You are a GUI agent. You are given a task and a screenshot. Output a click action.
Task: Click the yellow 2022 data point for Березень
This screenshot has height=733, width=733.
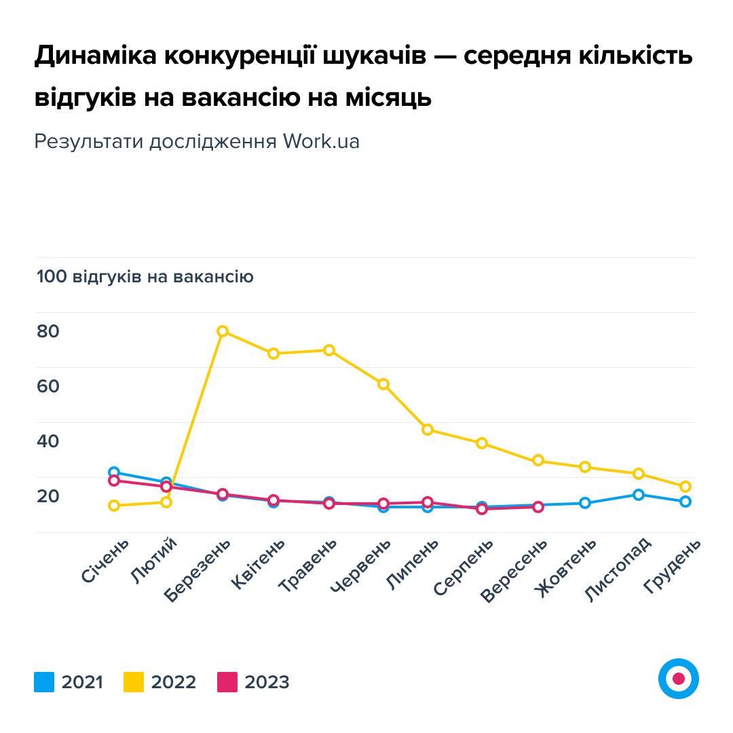[222, 331]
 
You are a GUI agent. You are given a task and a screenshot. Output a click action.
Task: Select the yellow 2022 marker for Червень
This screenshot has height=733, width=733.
[383, 384]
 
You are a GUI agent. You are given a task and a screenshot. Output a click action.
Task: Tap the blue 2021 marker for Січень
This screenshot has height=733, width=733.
[114, 472]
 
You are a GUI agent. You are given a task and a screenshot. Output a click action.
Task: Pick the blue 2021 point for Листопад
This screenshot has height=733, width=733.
[638, 494]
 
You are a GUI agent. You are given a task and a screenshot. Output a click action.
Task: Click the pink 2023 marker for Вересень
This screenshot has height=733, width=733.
[538, 507]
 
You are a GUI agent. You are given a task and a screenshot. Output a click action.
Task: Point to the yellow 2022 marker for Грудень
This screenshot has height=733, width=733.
[685, 486]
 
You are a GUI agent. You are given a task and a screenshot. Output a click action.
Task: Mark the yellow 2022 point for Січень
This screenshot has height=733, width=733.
[114, 505]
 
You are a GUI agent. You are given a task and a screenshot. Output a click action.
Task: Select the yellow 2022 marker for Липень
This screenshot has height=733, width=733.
[428, 429]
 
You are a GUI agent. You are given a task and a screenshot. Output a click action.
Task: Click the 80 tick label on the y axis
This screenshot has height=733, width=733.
[48, 332]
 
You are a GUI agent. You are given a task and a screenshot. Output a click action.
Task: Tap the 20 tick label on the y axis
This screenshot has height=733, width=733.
[48, 496]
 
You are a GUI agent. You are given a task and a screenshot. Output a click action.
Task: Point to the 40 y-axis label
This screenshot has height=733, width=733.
[48, 441]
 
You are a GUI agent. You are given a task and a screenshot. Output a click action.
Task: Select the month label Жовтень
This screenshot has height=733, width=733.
[565, 567]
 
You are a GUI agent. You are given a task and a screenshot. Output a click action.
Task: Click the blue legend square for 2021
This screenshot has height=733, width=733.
[44, 681]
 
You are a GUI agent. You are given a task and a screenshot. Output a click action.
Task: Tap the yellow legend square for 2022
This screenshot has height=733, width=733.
[134, 681]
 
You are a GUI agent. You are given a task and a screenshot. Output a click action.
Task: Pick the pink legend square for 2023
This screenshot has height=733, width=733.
[227, 681]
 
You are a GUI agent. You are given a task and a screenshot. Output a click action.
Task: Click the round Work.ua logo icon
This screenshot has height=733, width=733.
[678, 678]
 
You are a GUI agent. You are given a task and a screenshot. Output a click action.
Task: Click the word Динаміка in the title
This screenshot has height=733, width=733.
[94, 57]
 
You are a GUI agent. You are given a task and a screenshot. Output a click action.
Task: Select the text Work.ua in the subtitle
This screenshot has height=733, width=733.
[321, 141]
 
